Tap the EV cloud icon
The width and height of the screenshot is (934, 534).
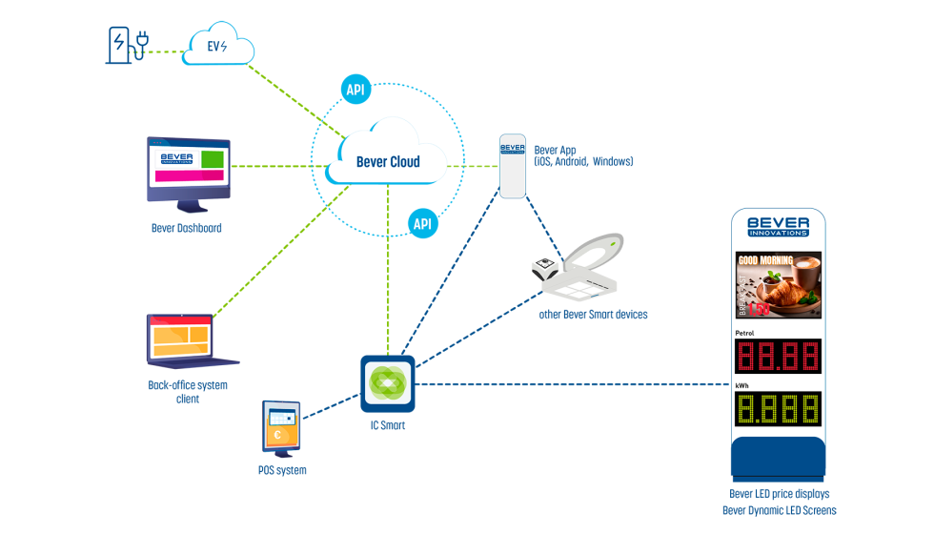point(218,46)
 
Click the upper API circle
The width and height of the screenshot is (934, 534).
point(355,91)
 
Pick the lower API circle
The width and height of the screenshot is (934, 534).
point(422,224)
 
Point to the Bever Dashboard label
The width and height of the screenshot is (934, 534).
point(187,229)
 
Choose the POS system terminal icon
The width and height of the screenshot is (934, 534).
point(281,428)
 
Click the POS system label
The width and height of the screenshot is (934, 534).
point(282,470)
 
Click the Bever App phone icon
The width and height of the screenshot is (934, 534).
point(513,166)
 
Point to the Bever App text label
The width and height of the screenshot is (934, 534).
point(582,155)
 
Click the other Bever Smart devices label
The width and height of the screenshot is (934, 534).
point(593,314)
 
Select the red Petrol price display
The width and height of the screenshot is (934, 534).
point(778,357)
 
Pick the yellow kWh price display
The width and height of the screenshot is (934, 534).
point(778,409)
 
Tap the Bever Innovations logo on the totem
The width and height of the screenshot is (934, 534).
point(778,225)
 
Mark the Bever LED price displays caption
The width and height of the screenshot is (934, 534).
point(779,494)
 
